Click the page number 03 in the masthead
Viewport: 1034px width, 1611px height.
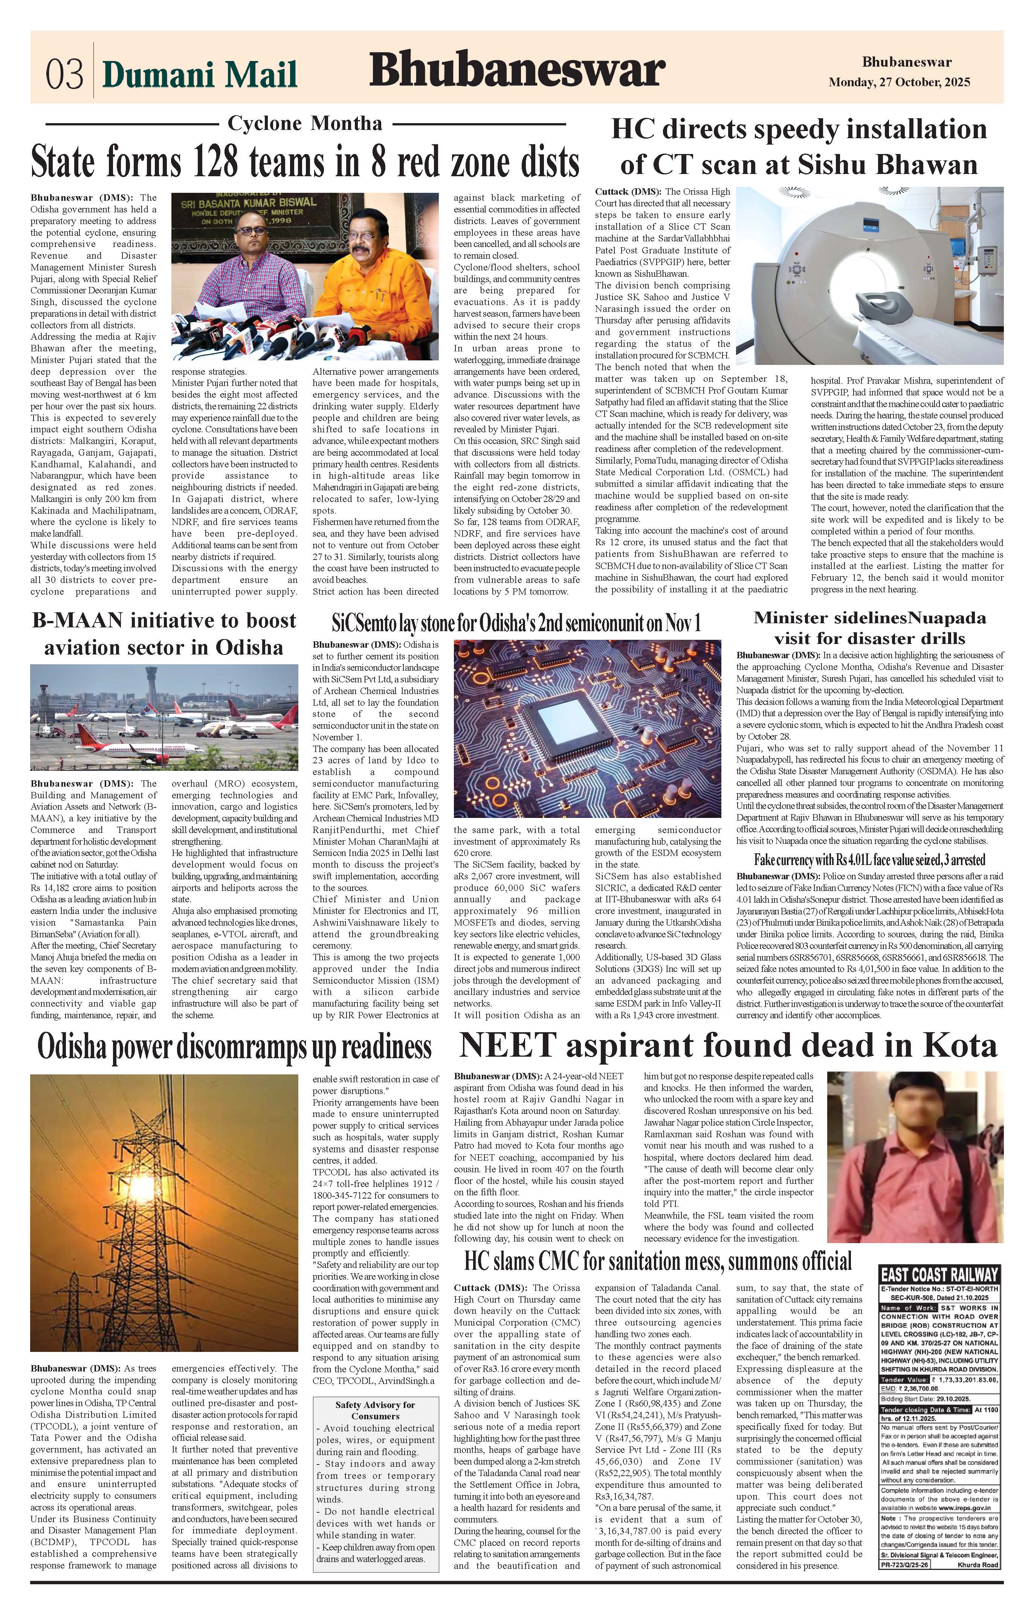pos(64,74)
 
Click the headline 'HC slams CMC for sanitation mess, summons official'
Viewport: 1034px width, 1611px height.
pos(658,1261)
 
